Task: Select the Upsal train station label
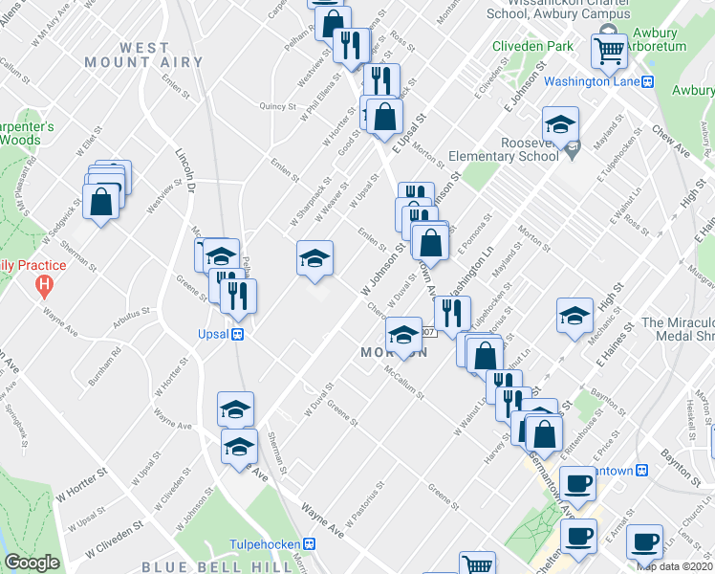click(217, 334)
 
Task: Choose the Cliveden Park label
click(532, 46)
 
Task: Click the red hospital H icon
click(44, 284)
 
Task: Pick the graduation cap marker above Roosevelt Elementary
click(560, 123)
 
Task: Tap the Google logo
click(32, 563)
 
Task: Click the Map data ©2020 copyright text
click(675, 565)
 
